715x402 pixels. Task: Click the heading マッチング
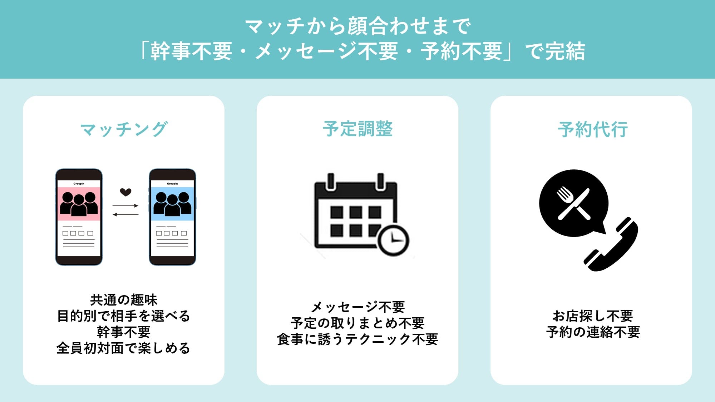pyautogui.click(x=124, y=129)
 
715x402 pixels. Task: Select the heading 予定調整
pyautogui.click(x=357, y=129)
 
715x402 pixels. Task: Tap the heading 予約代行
pyautogui.click(x=593, y=129)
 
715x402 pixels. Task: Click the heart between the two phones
pyautogui.click(x=125, y=192)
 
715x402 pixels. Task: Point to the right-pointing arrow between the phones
pyautogui.click(x=125, y=205)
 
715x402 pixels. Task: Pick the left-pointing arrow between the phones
pyautogui.click(x=125, y=214)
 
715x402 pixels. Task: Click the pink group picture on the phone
pyautogui.click(x=79, y=204)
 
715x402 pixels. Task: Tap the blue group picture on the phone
pyautogui.click(x=172, y=204)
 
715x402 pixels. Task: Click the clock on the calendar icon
pyautogui.click(x=393, y=240)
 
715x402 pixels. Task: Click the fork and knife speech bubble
pyautogui.click(x=573, y=203)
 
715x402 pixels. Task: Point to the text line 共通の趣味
pyautogui.click(x=124, y=300)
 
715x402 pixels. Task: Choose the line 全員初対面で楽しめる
pyautogui.click(x=124, y=348)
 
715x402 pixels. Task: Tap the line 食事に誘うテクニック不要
pyautogui.click(x=357, y=339)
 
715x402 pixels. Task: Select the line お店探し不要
pyautogui.click(x=593, y=316)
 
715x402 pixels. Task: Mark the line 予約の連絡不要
pyautogui.click(x=593, y=332)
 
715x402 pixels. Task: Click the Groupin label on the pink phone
pyautogui.click(x=79, y=184)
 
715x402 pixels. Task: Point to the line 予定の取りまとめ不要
pyautogui.click(x=357, y=323)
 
